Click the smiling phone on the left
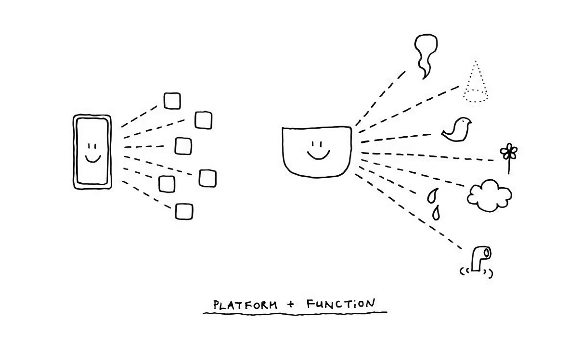(92, 152)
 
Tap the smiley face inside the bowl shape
(318, 150)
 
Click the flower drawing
(508, 154)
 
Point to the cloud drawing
(489, 195)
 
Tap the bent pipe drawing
(479, 258)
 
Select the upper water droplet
(432, 195)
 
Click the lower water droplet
(436, 213)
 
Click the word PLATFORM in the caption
(246, 305)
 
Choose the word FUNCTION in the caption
(340, 304)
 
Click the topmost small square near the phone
(172, 101)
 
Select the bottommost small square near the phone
(184, 212)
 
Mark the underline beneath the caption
(295, 313)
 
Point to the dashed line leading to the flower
(428, 156)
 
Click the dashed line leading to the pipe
(409, 212)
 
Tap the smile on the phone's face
(92, 158)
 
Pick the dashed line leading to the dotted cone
(409, 108)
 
